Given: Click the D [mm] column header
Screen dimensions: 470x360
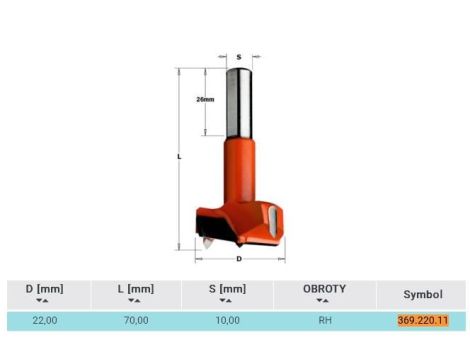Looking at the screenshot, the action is coord(44,289).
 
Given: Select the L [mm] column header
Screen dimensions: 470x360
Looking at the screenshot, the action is coord(136,289).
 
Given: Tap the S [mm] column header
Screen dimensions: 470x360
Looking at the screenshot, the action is coord(227,289).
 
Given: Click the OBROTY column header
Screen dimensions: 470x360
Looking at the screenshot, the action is coord(324,289).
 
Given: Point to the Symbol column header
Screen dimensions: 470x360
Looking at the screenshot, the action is coord(423,294).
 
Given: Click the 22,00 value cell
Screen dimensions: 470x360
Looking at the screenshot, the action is coord(45,320).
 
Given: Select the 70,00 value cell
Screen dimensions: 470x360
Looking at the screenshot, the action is coord(136,320).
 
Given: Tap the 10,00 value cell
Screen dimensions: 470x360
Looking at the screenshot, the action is coord(227,320).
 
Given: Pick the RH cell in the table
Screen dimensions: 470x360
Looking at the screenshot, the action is coord(325,320).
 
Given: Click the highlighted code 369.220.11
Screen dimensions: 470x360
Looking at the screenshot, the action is coord(423,320).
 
